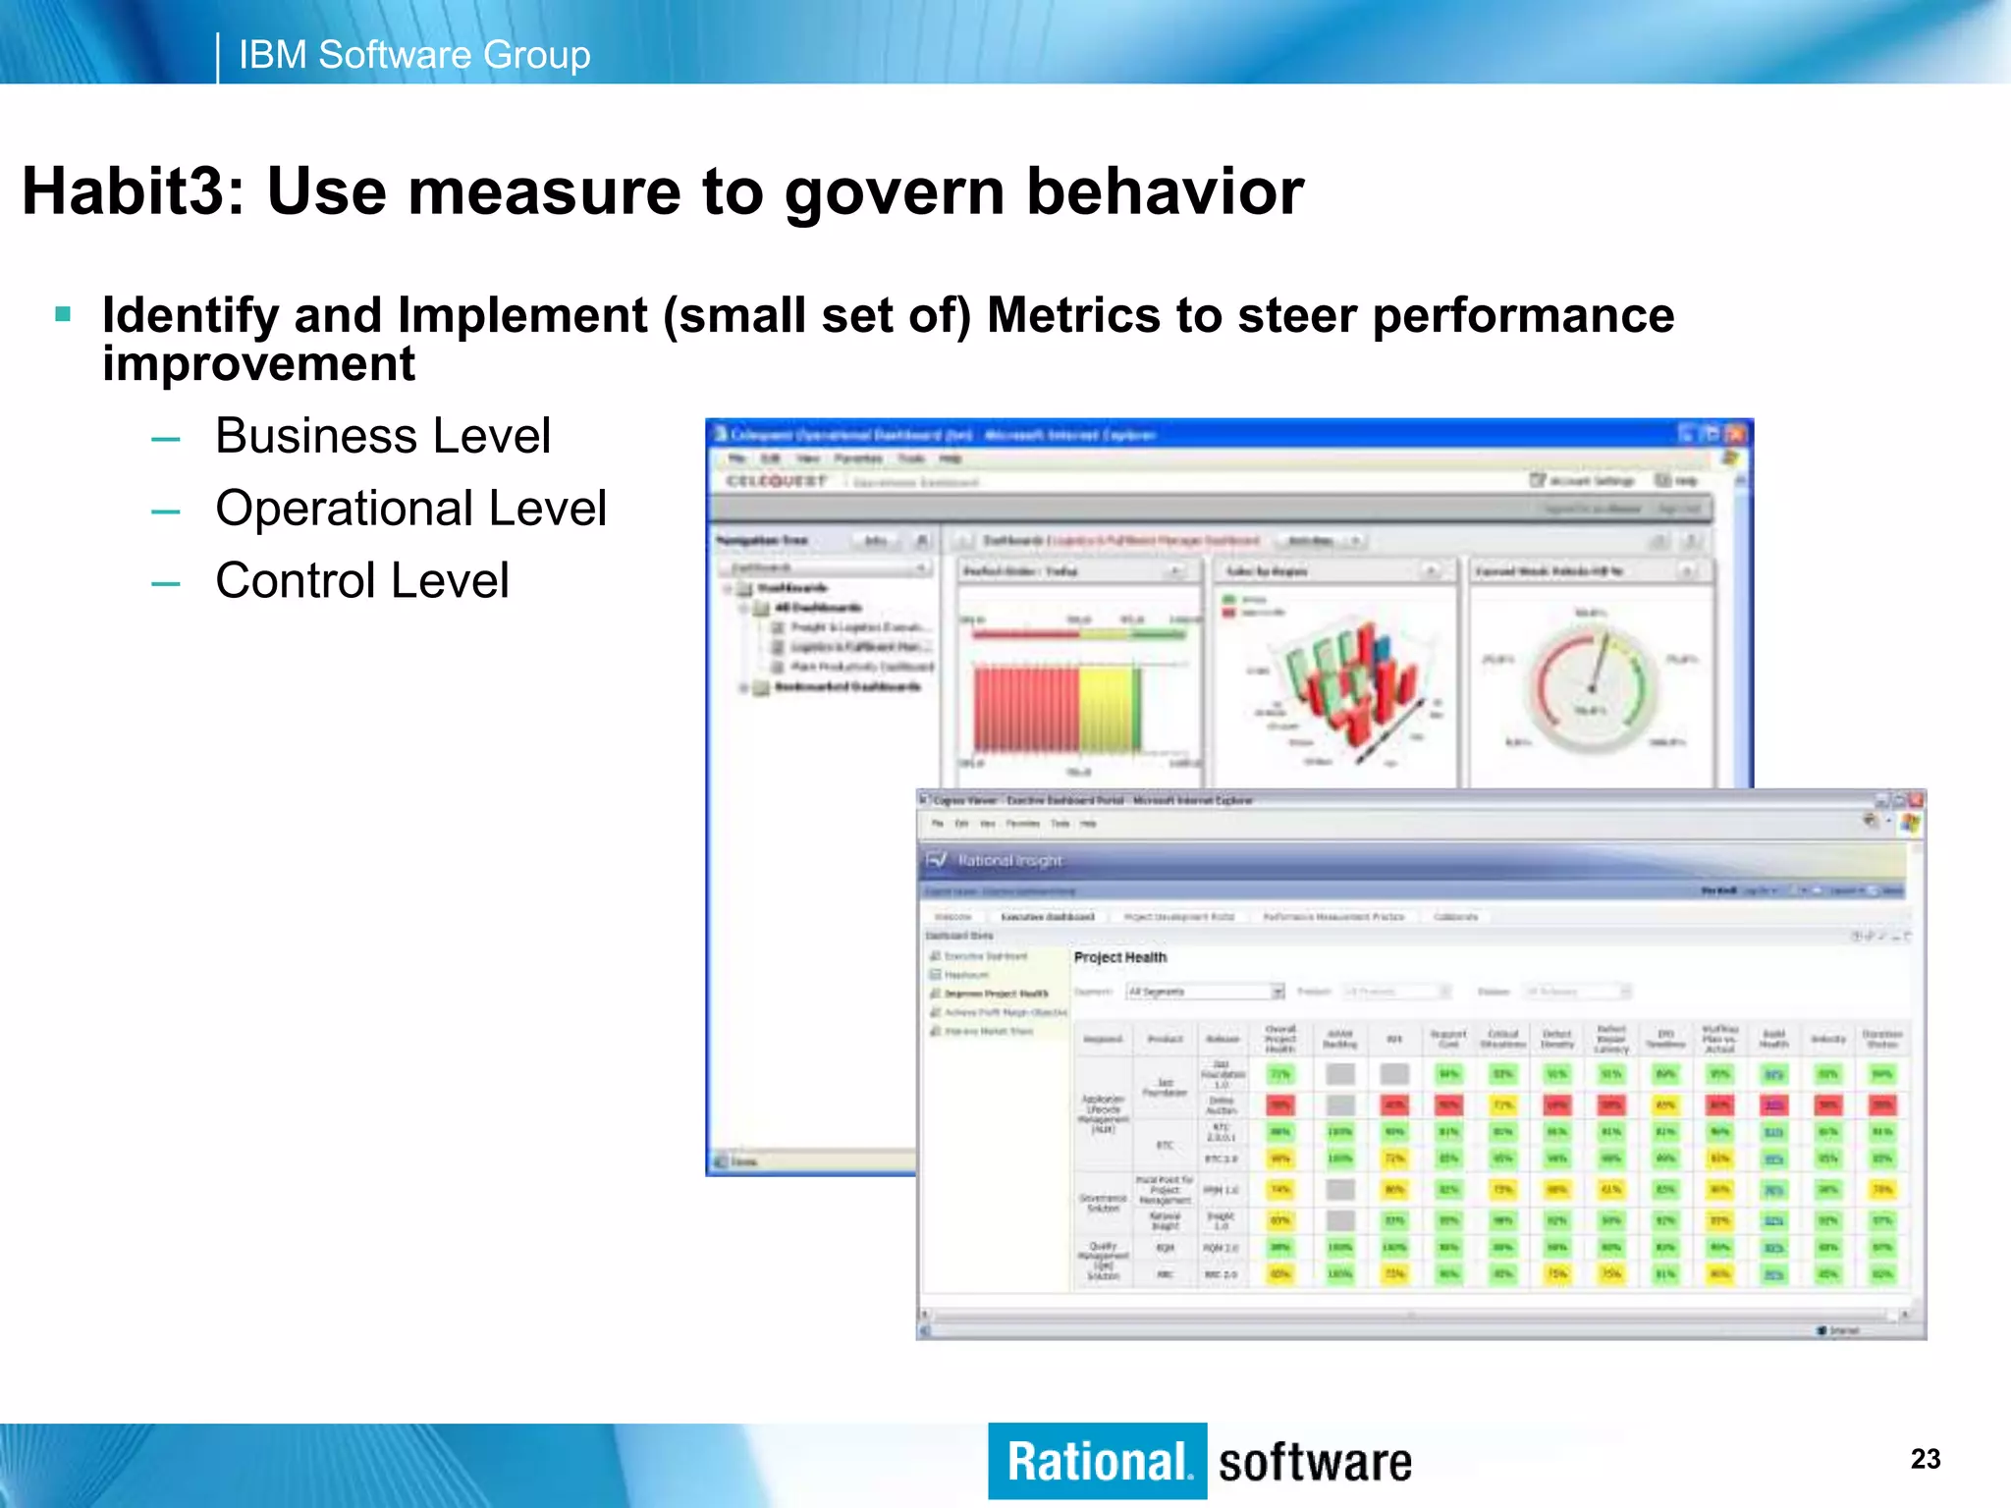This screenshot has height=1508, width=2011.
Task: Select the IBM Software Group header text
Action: [x=414, y=55]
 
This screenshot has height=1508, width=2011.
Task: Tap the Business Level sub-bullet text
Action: [x=383, y=436]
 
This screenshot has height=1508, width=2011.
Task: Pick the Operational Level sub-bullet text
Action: [x=410, y=509]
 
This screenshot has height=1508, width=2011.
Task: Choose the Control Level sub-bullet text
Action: [x=362, y=580]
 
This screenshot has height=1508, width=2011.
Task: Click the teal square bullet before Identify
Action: [x=64, y=315]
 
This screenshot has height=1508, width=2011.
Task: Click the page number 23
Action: [x=1925, y=1459]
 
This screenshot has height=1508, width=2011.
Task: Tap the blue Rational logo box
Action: [x=1097, y=1461]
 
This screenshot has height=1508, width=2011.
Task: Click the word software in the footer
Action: [x=1315, y=1463]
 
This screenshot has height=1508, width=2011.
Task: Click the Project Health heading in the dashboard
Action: [x=1120, y=957]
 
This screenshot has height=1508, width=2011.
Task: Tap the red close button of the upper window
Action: [x=1736, y=434]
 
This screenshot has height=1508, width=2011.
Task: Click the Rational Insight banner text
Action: [x=1009, y=861]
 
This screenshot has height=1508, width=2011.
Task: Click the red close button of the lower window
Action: [x=1915, y=801]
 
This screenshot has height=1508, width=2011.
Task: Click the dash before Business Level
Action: [x=165, y=439]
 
